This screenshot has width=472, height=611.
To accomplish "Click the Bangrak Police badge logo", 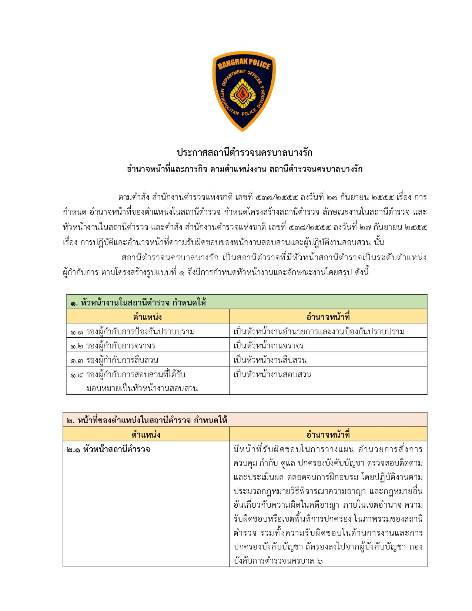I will click(x=244, y=91).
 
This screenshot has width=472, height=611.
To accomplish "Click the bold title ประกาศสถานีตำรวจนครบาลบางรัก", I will click(x=244, y=153).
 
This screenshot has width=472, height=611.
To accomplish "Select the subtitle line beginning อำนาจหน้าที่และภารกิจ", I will click(x=244, y=169).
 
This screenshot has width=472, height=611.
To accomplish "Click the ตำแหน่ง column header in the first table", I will click(x=147, y=317).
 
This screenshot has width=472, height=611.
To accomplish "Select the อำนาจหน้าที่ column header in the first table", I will click(x=328, y=317).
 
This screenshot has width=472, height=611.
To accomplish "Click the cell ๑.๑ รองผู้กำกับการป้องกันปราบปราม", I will click(x=133, y=331).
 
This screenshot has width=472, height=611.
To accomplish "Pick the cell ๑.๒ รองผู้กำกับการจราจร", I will click(x=113, y=346).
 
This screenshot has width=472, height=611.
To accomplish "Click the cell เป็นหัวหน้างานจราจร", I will click(x=268, y=346).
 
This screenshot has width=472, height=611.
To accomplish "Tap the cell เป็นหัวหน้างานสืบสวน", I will click(x=270, y=360).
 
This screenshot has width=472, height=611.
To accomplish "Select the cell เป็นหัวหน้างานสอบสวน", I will click(x=272, y=374).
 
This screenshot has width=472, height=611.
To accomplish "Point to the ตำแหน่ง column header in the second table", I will click(x=146, y=435).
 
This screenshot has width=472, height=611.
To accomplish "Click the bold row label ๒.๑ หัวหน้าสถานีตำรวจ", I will click(x=108, y=450).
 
